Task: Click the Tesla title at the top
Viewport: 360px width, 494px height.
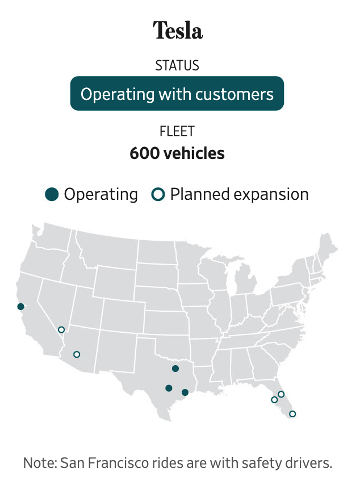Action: (178, 30)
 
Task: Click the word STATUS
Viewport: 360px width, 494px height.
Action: (177, 65)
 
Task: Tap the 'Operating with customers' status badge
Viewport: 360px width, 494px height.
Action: (177, 94)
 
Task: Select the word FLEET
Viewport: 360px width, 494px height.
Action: (177, 131)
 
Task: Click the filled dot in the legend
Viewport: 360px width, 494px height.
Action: (52, 194)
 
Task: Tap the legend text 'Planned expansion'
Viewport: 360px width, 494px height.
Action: (240, 194)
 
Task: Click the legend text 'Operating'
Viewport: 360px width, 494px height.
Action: (101, 194)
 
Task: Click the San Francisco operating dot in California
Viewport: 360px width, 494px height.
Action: (21, 307)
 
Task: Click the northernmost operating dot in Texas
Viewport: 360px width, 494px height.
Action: (175, 369)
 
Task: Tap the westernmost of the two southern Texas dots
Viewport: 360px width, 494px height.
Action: (169, 388)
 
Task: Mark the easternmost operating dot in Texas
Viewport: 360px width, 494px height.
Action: (185, 392)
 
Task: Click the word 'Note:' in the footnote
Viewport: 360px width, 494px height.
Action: (40, 463)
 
